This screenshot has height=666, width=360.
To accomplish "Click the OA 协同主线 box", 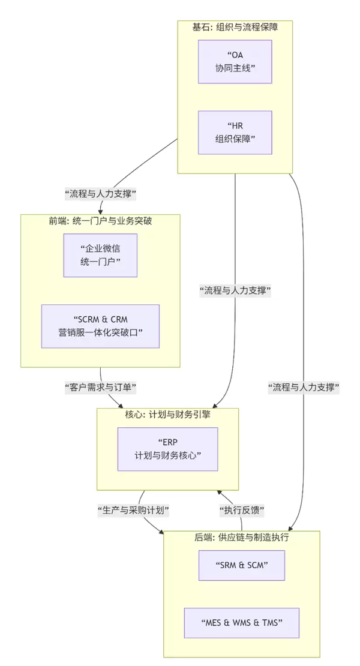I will point(235,62).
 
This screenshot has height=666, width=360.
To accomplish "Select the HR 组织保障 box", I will point(235,133).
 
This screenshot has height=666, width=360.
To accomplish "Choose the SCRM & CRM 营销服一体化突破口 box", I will point(100,326).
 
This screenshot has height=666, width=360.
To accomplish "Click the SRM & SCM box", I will point(242,565).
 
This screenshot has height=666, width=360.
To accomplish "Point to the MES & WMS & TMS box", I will point(242,623).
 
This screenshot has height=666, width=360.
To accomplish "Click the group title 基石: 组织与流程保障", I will point(235,27).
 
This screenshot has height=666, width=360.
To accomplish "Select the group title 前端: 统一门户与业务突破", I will point(100,221).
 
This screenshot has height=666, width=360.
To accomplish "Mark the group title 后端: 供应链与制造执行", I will point(242,538).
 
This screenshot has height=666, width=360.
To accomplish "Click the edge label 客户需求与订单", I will point(100,388).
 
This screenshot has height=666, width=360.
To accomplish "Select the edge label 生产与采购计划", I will point(133,511).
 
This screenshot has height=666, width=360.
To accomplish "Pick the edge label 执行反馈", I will point(241,511).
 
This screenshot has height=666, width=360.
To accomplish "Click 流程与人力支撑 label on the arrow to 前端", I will point(100,194).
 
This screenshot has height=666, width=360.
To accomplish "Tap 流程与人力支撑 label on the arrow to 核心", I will point(235,291).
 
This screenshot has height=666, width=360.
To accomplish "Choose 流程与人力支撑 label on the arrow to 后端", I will point(304,388).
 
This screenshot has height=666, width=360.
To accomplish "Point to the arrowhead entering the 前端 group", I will point(100,211).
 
